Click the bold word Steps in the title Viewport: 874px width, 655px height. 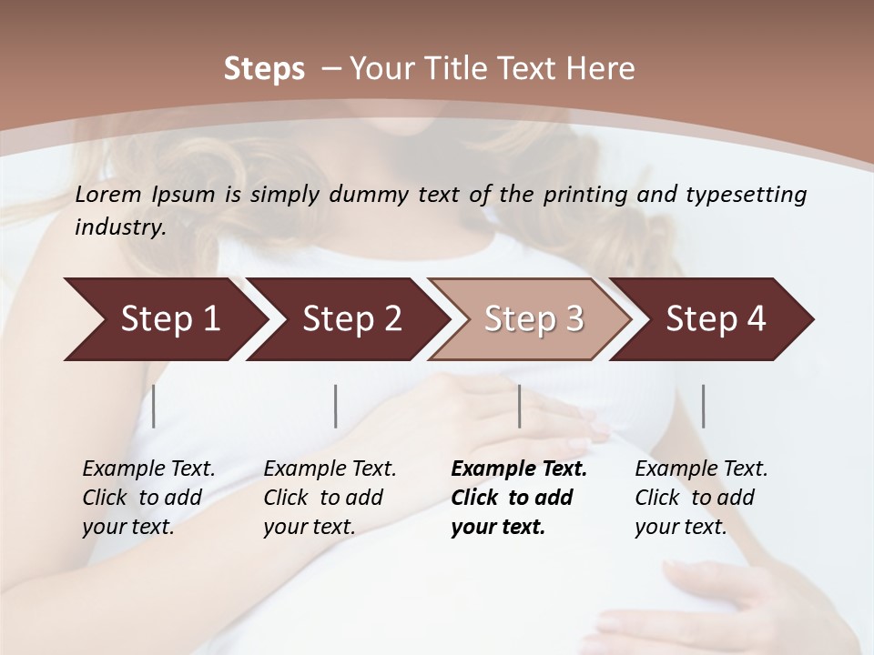click(264, 69)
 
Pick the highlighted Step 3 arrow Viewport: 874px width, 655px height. click(532, 319)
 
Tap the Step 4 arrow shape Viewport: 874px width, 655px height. click(714, 319)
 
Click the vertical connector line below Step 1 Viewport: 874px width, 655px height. click(154, 406)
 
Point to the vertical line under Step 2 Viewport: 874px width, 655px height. click(336, 406)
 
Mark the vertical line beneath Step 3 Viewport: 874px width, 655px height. click(519, 406)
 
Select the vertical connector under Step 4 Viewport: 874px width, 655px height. click(703, 406)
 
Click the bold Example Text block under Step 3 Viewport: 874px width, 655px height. click(519, 498)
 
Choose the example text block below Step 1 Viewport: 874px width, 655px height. click(148, 498)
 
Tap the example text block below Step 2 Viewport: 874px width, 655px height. click(330, 498)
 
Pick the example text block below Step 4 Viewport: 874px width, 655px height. click(701, 498)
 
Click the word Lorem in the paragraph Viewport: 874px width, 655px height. click(108, 194)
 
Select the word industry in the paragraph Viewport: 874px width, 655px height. click(119, 227)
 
